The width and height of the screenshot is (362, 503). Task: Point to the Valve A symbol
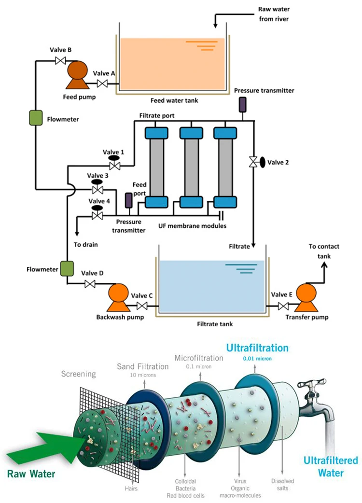(x=102, y=84)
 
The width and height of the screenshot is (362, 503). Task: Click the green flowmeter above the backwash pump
(x=66, y=268)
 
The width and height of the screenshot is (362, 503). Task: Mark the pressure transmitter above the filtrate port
(x=242, y=104)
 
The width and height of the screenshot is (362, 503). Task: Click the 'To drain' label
(x=85, y=245)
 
